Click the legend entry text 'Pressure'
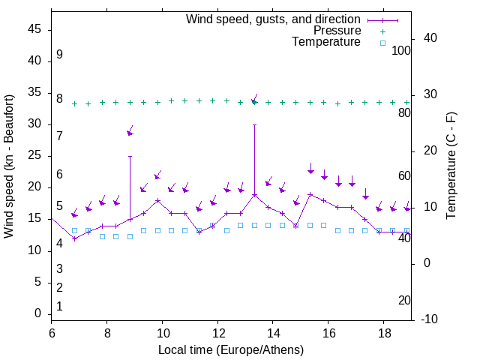point(337,31)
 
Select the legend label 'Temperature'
point(326,43)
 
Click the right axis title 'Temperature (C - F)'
point(451,166)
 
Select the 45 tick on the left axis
point(34,30)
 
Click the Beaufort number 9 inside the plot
point(59,55)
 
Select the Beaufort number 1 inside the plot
point(59,306)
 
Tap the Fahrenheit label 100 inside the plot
point(401,50)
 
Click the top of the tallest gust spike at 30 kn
point(254,124)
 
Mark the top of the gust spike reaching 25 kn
point(130,156)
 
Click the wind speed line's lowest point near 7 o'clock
point(74,238)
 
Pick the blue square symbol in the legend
point(382,43)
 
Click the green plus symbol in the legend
point(382,31)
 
